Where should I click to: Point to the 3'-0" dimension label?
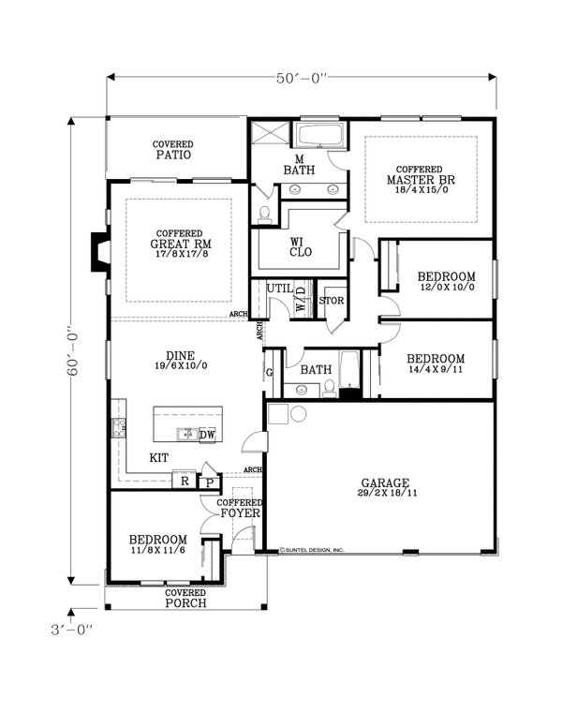click(x=73, y=630)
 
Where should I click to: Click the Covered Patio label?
click(x=173, y=150)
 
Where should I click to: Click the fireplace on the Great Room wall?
click(x=98, y=252)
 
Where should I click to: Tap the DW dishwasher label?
click(x=208, y=434)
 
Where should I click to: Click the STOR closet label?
click(x=333, y=302)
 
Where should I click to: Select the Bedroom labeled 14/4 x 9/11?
click(x=436, y=364)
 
